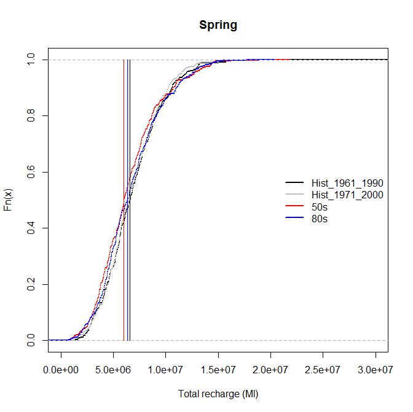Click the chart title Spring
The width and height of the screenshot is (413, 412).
pyautogui.click(x=218, y=25)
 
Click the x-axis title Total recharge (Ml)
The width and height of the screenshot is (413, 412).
pyautogui.click(x=218, y=394)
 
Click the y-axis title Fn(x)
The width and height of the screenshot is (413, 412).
pyautogui.click(x=9, y=200)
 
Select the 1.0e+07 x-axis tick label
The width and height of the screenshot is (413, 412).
pyautogui.click(x=166, y=370)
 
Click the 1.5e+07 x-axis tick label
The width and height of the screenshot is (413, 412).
pyautogui.click(x=218, y=370)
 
